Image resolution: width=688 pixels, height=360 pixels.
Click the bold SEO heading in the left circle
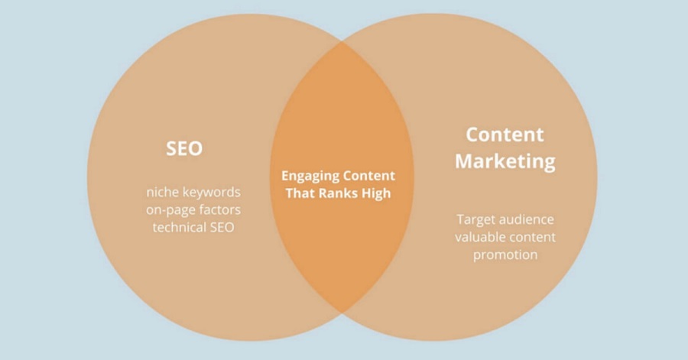(184, 148)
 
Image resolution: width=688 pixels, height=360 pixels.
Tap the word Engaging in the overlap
(310, 176)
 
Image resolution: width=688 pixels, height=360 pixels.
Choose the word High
(376, 193)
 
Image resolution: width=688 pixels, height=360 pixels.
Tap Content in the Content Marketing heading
(505, 135)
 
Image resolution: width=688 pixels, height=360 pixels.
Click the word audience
(530, 219)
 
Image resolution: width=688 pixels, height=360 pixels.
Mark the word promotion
(505, 255)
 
